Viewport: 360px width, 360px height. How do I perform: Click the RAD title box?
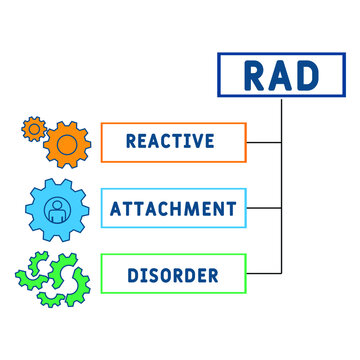point(281,75)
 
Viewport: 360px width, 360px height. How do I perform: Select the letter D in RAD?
point(306,75)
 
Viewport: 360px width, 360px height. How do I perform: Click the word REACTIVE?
point(170,141)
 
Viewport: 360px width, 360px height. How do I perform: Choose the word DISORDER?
point(172,273)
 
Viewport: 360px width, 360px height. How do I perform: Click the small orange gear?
point(34,128)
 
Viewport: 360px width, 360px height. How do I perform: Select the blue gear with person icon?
point(57,210)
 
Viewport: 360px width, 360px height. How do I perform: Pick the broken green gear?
point(54,274)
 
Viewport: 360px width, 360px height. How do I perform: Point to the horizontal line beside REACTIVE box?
point(264,141)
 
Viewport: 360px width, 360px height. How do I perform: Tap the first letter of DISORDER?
point(130,273)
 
